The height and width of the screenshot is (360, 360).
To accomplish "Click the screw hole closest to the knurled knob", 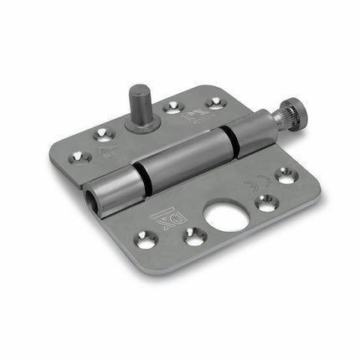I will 286,176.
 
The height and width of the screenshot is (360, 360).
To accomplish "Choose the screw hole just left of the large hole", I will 193,236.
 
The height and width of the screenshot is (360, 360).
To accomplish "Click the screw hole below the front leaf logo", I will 145,240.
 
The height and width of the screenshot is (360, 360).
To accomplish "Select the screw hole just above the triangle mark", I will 105,132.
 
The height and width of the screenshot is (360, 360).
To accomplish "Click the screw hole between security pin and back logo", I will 173,106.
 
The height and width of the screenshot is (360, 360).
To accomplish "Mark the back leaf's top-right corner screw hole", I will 216,102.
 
